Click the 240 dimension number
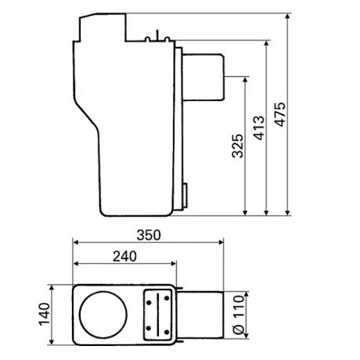[x=123, y=254]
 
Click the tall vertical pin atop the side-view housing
[x=156, y=34]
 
